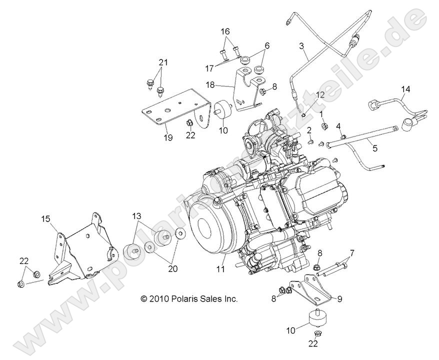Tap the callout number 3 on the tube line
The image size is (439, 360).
301,46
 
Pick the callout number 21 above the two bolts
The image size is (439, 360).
161,62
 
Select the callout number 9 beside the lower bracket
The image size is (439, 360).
339,299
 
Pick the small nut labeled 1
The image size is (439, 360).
324,125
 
